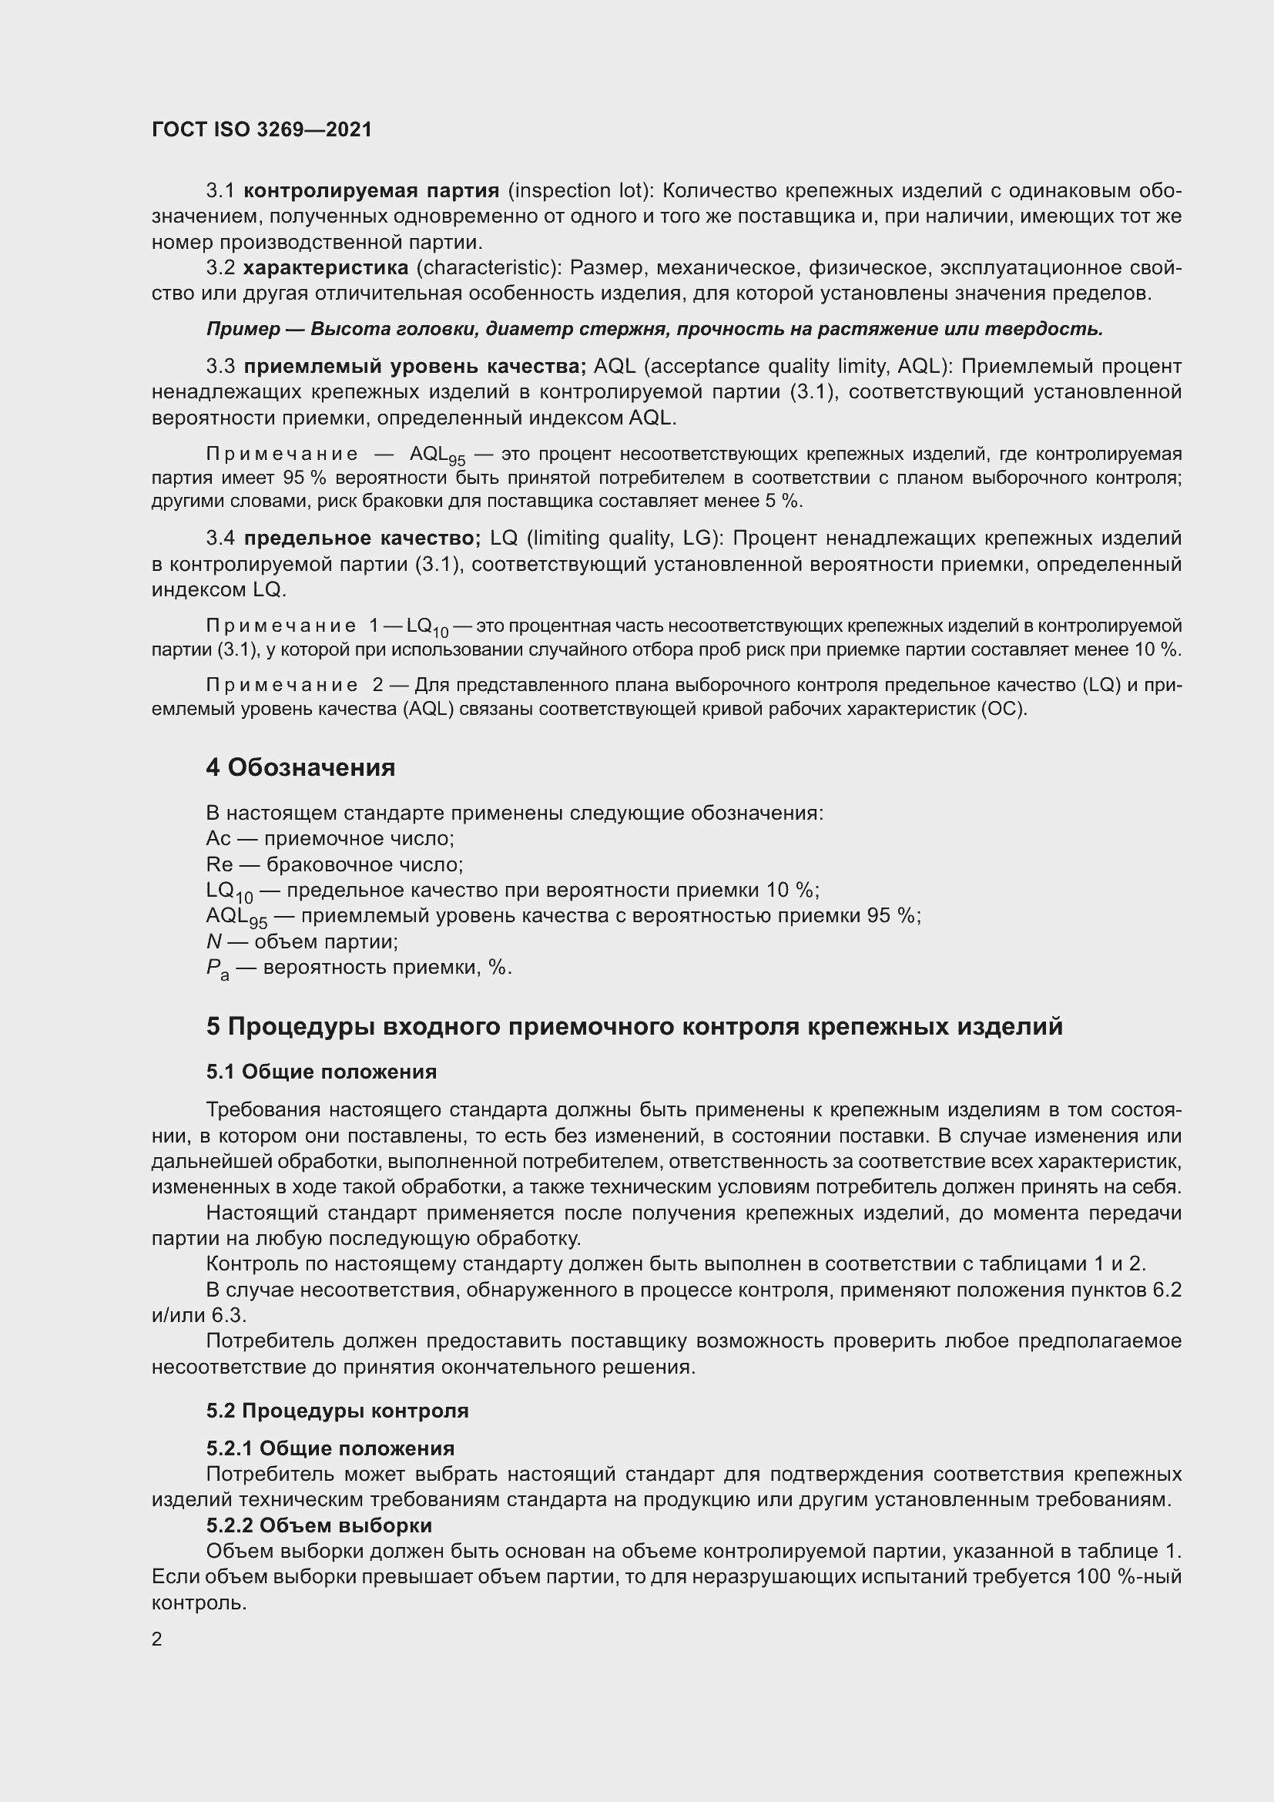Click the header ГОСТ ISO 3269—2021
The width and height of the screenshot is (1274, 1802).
click(261, 129)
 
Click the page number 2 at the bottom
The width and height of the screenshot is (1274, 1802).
click(157, 1639)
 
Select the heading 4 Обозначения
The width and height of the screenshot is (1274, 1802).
click(300, 767)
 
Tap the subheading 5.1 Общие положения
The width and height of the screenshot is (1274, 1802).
click(322, 1072)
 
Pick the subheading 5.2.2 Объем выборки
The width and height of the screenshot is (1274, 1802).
click(320, 1525)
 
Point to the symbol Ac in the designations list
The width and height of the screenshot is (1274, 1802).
click(218, 839)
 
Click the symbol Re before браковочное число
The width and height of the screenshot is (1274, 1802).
click(220, 865)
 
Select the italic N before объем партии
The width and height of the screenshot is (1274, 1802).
click(213, 941)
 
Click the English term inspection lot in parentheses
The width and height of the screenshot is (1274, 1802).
click(582, 191)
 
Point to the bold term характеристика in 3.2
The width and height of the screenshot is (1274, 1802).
click(326, 268)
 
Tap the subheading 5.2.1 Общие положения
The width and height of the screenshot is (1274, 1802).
click(330, 1448)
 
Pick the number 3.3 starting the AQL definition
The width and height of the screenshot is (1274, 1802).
click(220, 367)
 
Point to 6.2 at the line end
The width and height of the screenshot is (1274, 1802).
click(1166, 1290)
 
